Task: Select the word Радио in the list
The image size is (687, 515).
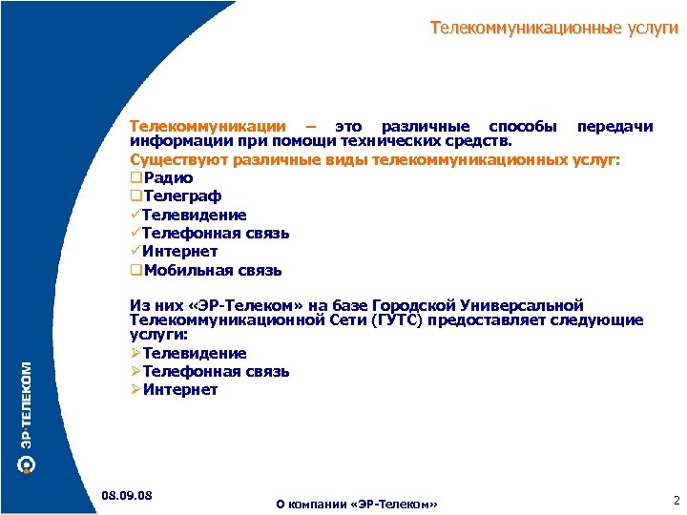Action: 168,178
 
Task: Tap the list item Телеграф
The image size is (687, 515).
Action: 182,196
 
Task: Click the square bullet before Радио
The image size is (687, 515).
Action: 135,178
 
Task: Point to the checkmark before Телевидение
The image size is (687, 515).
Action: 135,215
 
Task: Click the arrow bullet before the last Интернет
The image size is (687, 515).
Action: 135,389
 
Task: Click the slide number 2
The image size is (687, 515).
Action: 675,499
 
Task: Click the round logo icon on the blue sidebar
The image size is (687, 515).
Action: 27,464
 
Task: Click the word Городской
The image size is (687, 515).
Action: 417,306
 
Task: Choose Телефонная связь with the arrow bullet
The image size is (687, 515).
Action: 216,371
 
